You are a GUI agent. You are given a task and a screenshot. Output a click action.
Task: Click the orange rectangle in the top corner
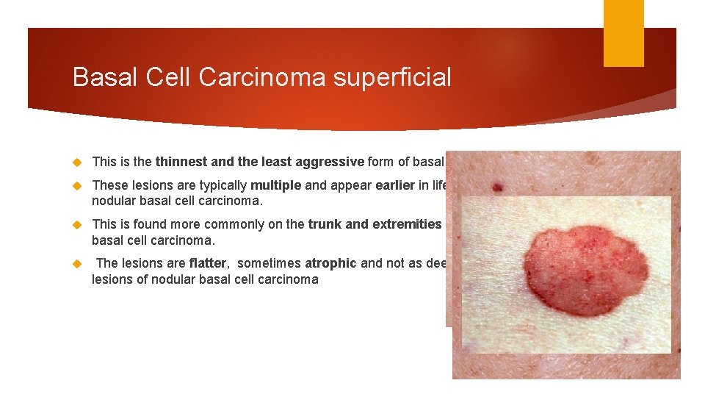(623, 33)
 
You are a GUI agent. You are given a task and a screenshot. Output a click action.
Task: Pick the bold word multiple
(277, 186)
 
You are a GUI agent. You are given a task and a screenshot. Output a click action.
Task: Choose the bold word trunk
(325, 224)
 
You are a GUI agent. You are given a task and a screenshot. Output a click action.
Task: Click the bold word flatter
(209, 263)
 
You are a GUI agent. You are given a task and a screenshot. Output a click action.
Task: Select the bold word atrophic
(330, 263)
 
